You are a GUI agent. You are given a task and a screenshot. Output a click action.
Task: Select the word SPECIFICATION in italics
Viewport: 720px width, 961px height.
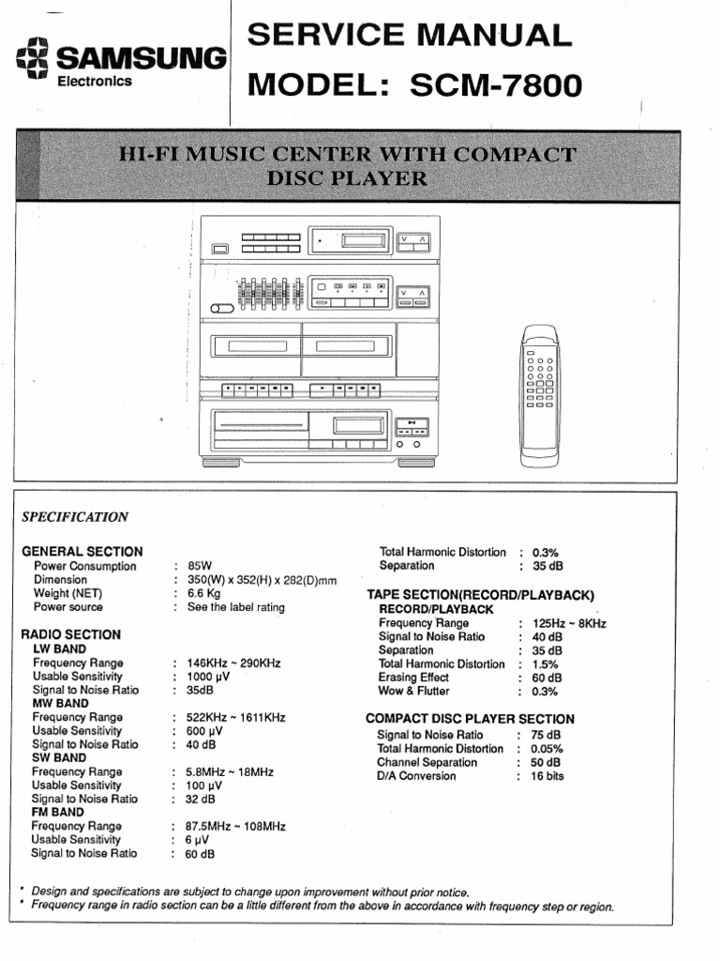[x=75, y=516]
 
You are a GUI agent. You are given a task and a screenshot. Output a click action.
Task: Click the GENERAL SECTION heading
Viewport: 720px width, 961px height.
[x=82, y=552]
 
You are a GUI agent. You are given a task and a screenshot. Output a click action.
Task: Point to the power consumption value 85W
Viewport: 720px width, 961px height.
[x=201, y=567]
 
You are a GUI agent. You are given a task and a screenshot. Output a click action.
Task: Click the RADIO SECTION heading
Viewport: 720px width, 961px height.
[x=70, y=634]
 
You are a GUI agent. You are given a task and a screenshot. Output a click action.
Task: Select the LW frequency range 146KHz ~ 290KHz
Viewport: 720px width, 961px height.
[x=233, y=663]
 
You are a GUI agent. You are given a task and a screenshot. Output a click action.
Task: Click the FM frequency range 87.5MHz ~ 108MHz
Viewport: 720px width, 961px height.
[x=235, y=826]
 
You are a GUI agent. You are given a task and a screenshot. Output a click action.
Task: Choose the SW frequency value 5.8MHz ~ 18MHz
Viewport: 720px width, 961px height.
[x=230, y=771]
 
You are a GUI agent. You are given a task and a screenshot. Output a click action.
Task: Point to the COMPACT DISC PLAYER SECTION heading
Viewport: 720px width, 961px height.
[x=470, y=719]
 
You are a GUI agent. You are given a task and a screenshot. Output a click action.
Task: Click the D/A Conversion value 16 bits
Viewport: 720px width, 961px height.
[x=547, y=776]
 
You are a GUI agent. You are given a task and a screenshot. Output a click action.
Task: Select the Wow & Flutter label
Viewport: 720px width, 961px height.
[x=413, y=691]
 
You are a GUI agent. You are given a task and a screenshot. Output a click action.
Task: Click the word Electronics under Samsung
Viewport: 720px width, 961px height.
[x=95, y=81]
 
